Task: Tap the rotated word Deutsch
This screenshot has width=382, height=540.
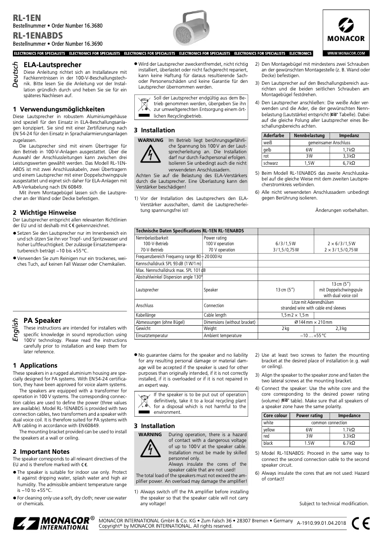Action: (x=16, y=74)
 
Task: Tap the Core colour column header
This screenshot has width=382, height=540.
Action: (x=276, y=416)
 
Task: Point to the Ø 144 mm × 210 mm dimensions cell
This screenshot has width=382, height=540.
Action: (x=313, y=322)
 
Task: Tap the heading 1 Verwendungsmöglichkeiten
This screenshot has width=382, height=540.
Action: (x=59, y=109)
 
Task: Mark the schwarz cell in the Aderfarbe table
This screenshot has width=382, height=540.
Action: (x=270, y=162)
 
